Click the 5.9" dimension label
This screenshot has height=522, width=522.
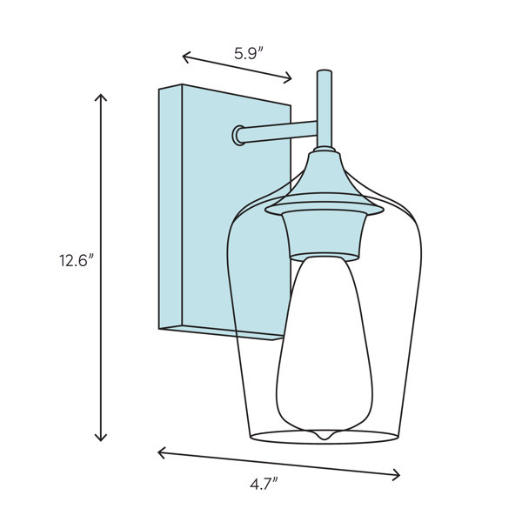pyautogui.click(x=249, y=54)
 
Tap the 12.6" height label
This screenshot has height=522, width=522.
pyautogui.click(x=75, y=260)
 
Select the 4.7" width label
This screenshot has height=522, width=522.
pyautogui.click(x=264, y=485)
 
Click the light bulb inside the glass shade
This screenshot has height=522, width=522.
pyautogui.click(x=325, y=346)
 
